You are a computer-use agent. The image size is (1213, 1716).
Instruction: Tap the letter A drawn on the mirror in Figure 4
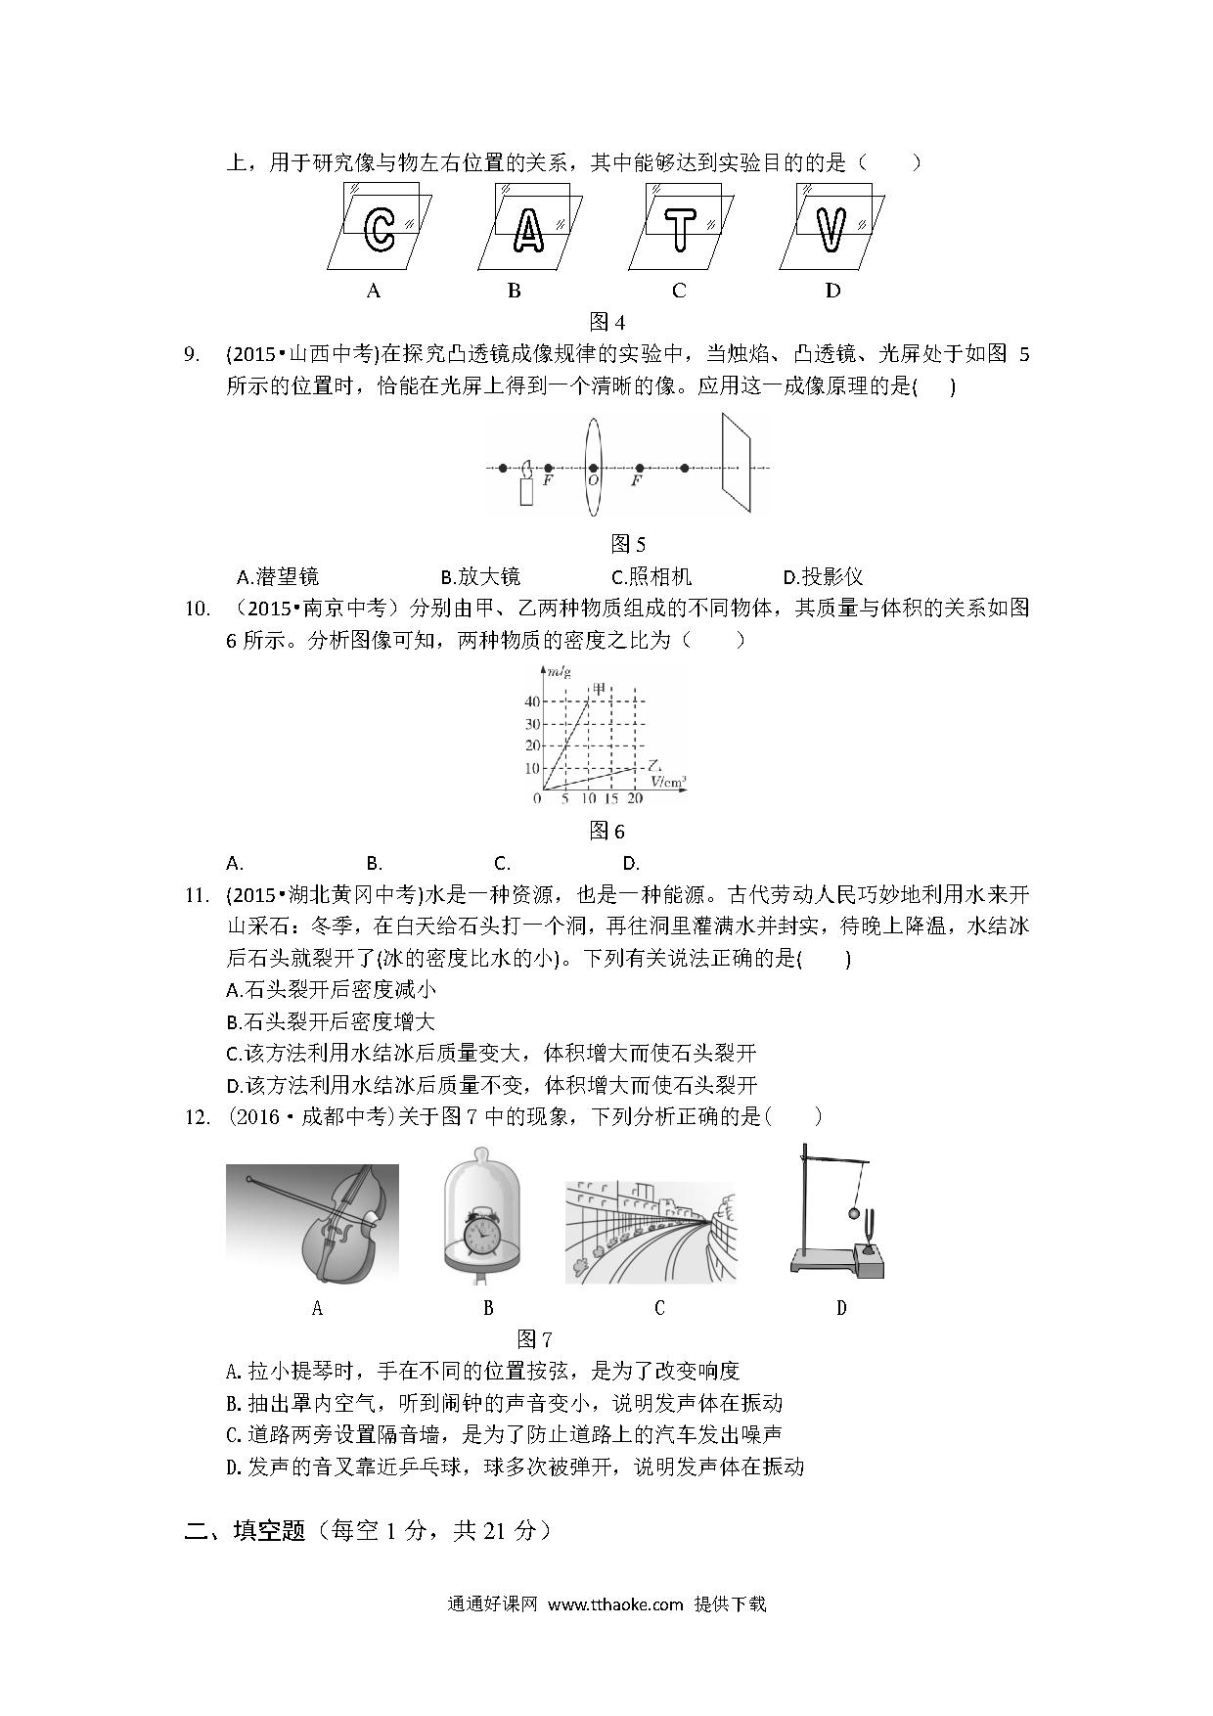tap(528, 230)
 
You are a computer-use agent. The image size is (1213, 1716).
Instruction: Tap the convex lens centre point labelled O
tap(593, 469)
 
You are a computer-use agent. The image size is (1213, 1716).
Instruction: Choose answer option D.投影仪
tap(823, 576)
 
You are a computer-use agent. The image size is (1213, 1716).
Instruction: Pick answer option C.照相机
tap(651, 576)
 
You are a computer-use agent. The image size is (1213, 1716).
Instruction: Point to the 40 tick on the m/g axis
tap(531, 701)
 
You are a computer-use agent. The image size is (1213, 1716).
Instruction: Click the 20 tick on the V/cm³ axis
tap(635, 798)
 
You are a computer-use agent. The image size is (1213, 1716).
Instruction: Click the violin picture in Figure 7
tap(313, 1223)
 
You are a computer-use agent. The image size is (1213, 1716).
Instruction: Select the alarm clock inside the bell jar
tap(481, 1233)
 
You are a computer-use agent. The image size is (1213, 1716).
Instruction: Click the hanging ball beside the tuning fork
tap(853, 1213)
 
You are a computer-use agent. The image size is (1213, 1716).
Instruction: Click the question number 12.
tap(197, 1116)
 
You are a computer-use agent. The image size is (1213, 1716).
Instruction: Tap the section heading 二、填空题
tap(246, 1531)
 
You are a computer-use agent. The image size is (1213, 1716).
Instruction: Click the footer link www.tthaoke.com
tap(614, 1603)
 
